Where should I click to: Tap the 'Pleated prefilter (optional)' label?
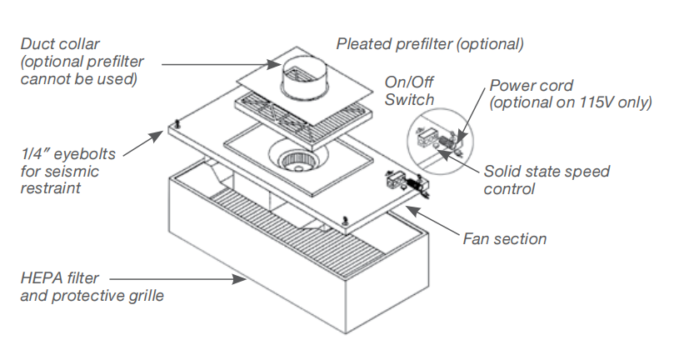430,43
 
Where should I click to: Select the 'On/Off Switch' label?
409,91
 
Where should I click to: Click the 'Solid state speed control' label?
547,180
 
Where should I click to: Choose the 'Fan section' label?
505,239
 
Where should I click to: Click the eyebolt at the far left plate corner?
178,125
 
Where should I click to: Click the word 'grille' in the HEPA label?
143,295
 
